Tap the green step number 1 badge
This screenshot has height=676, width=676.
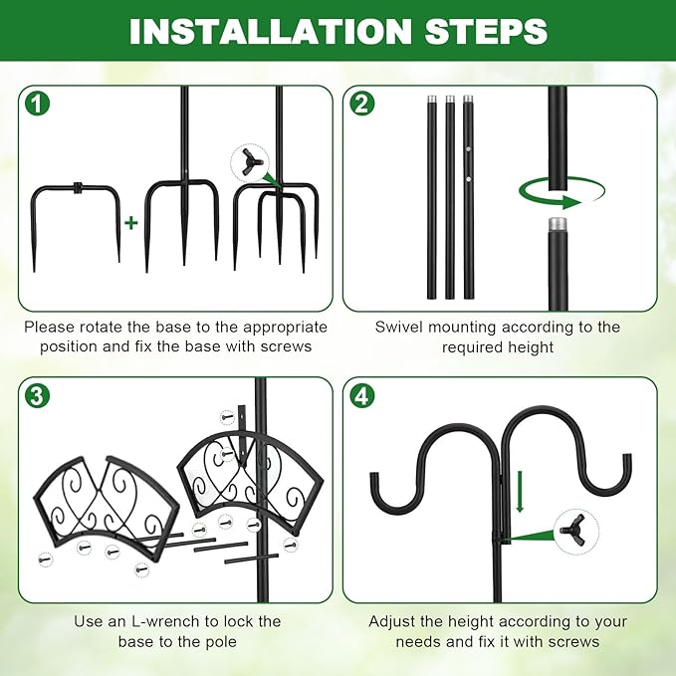point(37,103)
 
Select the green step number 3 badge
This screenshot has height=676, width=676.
point(37,395)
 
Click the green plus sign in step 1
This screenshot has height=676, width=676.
point(130,222)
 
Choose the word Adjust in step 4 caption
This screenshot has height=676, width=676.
point(394,621)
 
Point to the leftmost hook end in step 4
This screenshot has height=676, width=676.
point(379,488)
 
